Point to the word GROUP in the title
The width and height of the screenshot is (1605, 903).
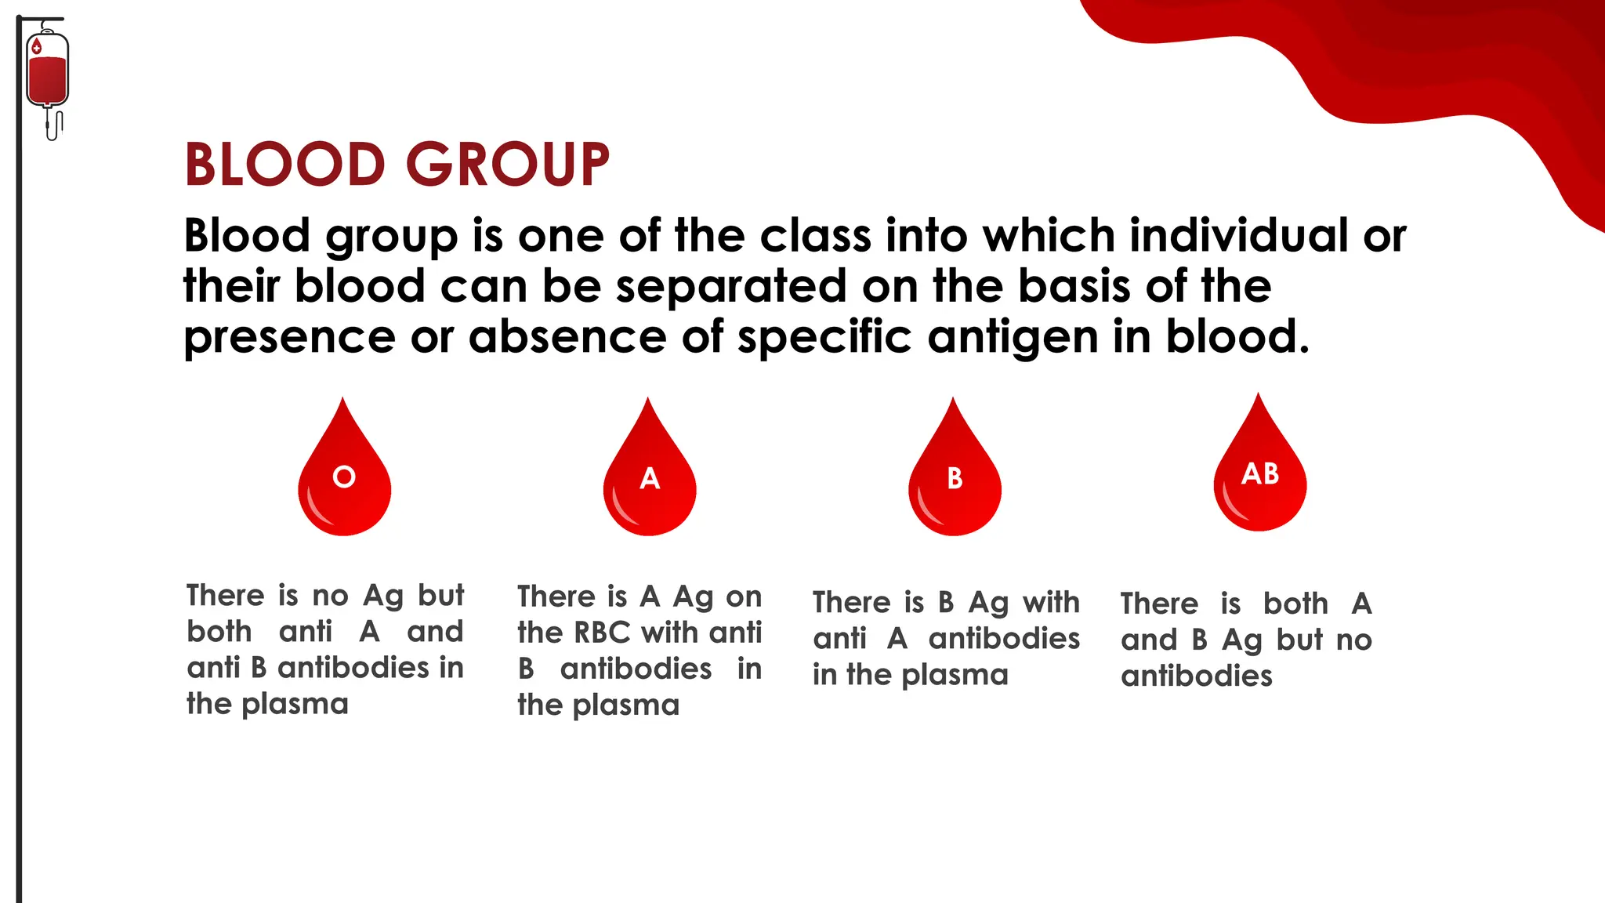508,165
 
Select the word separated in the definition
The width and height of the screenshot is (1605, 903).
730,286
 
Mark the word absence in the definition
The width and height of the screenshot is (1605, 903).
567,337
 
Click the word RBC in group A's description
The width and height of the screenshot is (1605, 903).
602,633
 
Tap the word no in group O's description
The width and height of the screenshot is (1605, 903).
330,597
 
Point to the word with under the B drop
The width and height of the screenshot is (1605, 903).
1051,602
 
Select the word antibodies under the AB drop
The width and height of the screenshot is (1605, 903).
1196,676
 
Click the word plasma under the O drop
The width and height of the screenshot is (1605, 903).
295,705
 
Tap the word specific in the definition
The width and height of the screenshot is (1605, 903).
824,339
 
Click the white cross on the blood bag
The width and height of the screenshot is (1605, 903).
36,49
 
